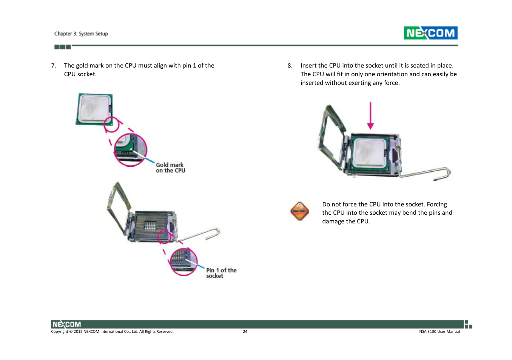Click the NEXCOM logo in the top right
430,33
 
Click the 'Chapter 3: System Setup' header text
81,34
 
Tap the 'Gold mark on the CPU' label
170,168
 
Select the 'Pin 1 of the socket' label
221,273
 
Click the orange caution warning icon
299,211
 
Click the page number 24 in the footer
245,332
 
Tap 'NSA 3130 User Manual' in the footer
439,332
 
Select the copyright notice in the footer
112,332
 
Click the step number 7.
54,66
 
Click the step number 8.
290,66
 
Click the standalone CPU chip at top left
94,109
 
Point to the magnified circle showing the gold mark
130,150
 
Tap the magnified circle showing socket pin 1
184,262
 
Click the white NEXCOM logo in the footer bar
66,325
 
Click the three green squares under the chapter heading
62,47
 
